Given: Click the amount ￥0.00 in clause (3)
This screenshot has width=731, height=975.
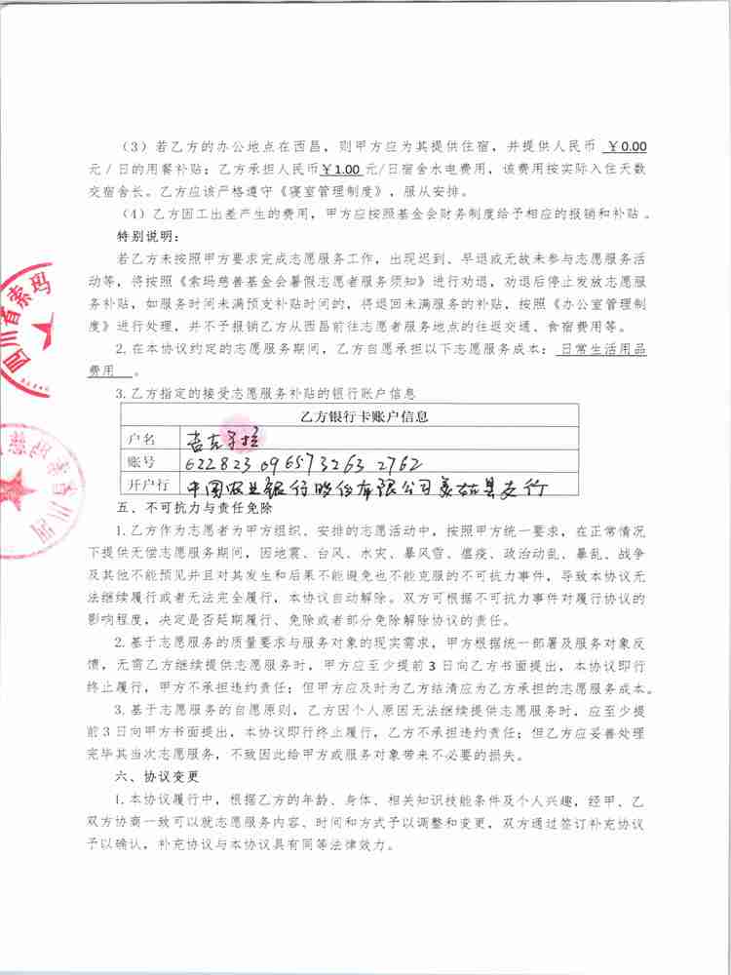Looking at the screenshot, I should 627,146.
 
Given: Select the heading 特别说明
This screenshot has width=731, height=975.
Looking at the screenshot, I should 148,235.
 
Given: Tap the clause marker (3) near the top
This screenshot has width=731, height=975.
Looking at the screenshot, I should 133,147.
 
